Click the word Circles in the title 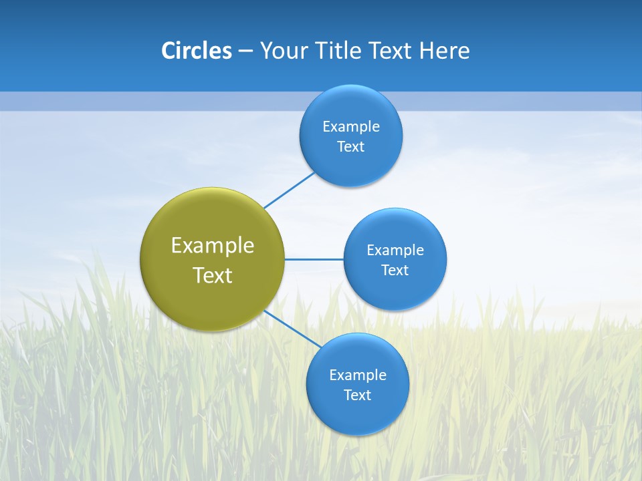click(x=197, y=51)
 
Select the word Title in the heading click(x=341, y=51)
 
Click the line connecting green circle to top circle click(x=289, y=190)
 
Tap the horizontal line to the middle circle click(x=314, y=259)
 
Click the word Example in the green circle click(x=213, y=246)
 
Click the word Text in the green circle click(x=213, y=275)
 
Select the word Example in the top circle click(x=351, y=127)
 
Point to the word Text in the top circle click(x=351, y=147)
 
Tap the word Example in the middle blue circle click(x=395, y=251)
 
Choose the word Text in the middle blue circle click(x=395, y=271)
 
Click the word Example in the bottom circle click(x=358, y=375)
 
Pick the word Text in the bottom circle click(x=358, y=395)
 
